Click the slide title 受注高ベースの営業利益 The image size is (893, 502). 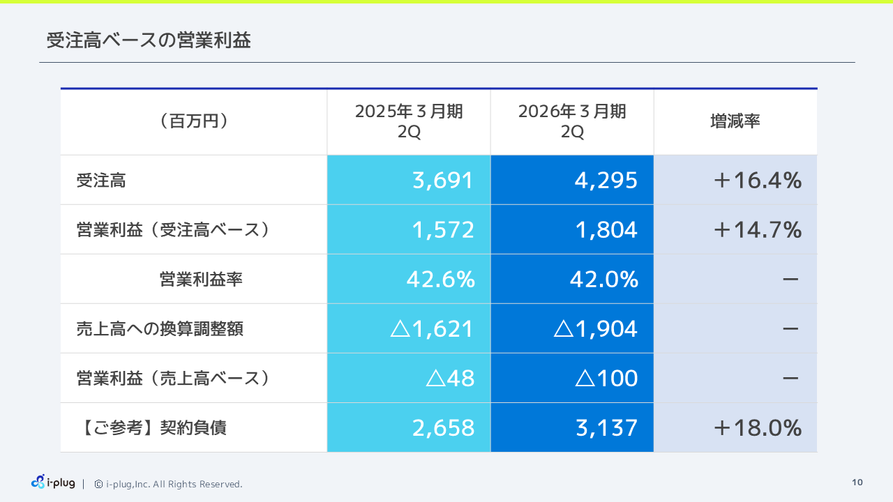[x=149, y=40]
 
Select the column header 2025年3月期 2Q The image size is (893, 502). [x=409, y=122]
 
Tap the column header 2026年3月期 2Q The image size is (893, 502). [x=572, y=122]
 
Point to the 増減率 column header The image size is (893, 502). [x=735, y=121]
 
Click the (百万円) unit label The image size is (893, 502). [x=194, y=121]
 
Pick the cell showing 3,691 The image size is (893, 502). [x=443, y=181]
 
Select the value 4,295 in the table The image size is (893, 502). [x=606, y=181]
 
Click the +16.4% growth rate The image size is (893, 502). [x=757, y=181]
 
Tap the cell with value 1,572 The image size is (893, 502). [x=443, y=230]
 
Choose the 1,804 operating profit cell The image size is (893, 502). [x=606, y=230]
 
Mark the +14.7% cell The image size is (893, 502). [x=757, y=230]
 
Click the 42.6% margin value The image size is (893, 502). [x=440, y=280]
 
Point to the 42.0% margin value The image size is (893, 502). [x=604, y=280]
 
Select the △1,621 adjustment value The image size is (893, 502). [x=432, y=329]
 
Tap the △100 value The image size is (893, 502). [x=606, y=379]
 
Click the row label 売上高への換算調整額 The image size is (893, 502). [x=160, y=329]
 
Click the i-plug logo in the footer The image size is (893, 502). [x=53, y=482]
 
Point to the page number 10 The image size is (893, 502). [x=857, y=482]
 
